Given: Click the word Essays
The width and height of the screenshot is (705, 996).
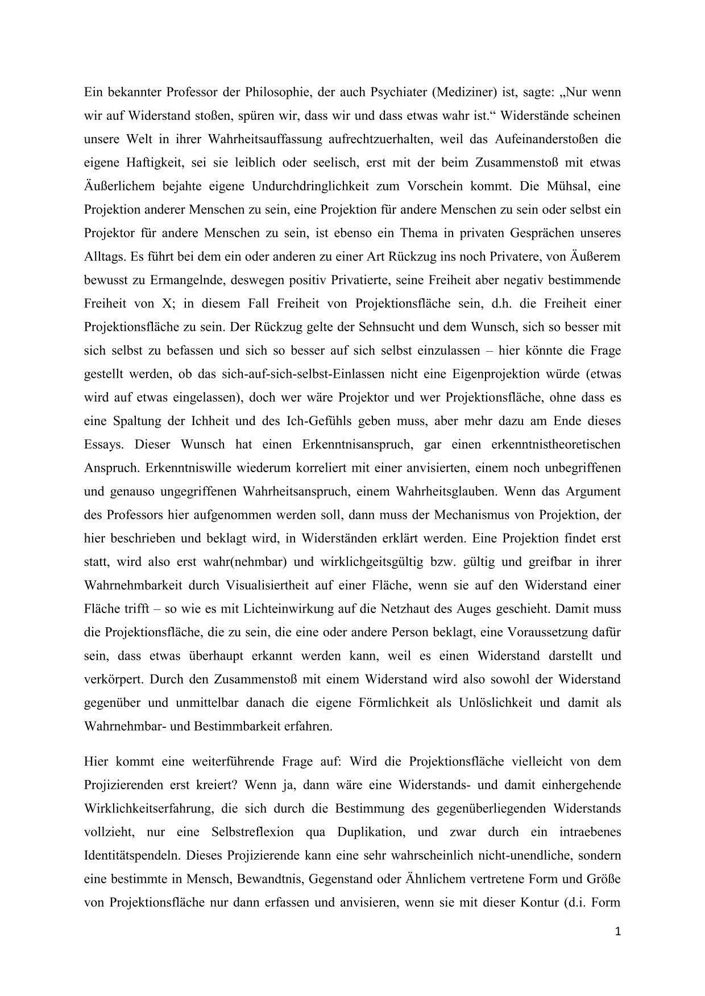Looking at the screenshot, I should [103, 445].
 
